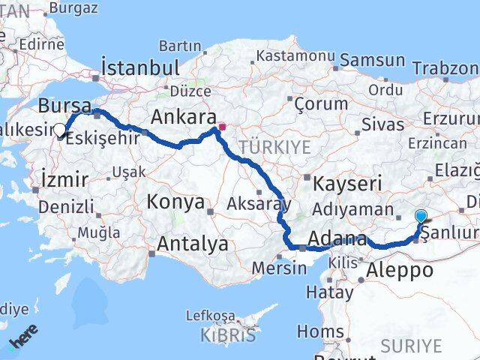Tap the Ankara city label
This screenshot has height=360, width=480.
click(x=183, y=117)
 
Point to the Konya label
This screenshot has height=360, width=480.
click(x=175, y=202)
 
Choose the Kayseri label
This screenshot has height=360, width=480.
click(x=347, y=183)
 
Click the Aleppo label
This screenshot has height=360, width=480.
click(x=402, y=271)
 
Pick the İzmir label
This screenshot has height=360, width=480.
click(x=64, y=179)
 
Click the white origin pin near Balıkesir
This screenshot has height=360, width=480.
click(x=59, y=130)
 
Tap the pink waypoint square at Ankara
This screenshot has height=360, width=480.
click(x=221, y=127)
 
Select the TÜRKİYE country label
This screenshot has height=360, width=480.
click(x=275, y=147)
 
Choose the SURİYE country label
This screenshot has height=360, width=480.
click(x=411, y=345)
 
